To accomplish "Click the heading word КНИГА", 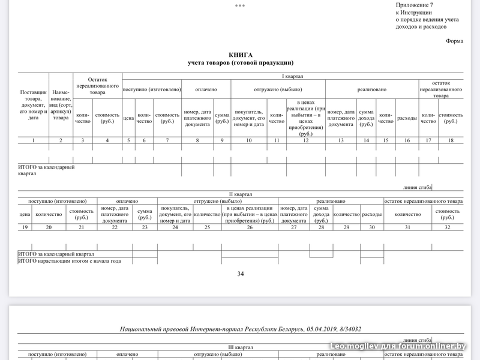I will [x=240, y=55].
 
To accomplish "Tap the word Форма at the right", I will [x=454, y=41].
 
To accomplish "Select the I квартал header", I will [x=293, y=77].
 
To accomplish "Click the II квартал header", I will [x=240, y=194].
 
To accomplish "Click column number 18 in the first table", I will [x=450, y=140].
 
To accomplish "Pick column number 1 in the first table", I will [x=33, y=140].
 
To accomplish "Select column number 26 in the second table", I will [x=249, y=227].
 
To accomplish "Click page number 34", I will [x=240, y=274].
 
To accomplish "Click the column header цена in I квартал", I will [x=128, y=118].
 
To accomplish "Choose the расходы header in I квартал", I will [x=407, y=118].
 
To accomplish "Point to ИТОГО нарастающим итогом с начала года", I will [x=70, y=261].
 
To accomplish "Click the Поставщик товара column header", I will [x=33, y=106].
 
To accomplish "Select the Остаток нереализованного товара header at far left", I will [x=97, y=86].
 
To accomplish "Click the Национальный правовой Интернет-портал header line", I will [x=240, y=329].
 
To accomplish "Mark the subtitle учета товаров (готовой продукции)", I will [x=240, y=62].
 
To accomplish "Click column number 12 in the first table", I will [x=305, y=140].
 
